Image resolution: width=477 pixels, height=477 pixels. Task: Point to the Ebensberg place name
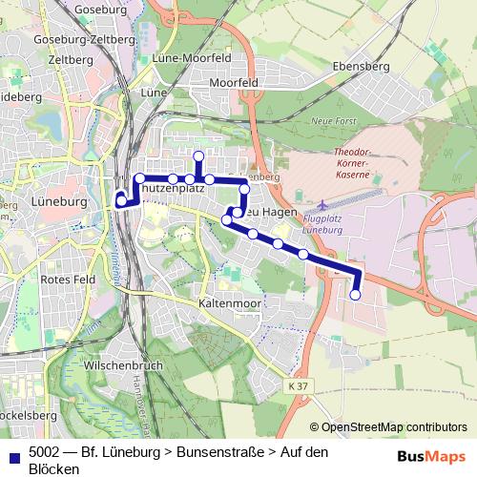tap(363, 66)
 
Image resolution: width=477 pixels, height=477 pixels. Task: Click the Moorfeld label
tap(234, 84)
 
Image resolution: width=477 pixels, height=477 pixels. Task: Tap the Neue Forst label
tap(333, 122)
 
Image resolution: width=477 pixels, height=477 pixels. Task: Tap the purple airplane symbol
tap(323, 205)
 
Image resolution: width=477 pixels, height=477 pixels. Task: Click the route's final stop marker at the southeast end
tap(356, 296)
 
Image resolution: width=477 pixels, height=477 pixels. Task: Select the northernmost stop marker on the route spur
tap(198, 156)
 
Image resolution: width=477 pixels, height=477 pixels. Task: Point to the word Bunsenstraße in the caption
tap(223, 451)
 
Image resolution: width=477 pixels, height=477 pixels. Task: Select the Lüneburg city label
tap(60, 203)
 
